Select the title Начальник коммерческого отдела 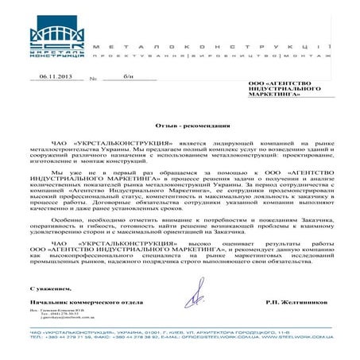point(75,304)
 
